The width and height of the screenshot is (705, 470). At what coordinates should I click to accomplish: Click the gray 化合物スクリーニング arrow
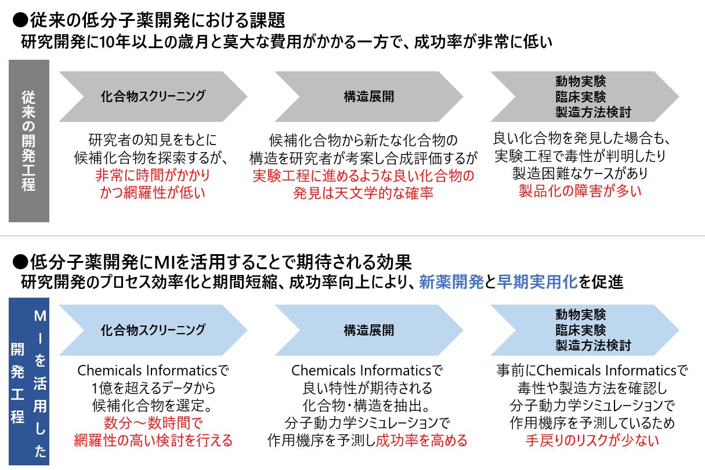coord(153,96)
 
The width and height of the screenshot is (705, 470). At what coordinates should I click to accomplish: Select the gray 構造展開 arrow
coord(368,96)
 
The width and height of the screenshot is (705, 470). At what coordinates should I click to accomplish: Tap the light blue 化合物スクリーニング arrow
coord(153,330)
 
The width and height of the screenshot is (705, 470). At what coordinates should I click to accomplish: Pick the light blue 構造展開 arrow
coord(368,330)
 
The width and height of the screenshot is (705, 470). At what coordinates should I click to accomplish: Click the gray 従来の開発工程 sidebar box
coord(28,140)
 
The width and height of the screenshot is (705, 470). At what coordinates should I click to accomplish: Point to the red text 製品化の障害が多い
coord(580,191)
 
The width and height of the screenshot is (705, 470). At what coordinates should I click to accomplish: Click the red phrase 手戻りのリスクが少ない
coord(592,440)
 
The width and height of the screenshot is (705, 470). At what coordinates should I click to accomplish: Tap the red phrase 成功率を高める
coord(421,440)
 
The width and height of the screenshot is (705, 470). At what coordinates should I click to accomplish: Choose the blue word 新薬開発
coord(451,283)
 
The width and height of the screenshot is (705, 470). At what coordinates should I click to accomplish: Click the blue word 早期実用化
coord(537,283)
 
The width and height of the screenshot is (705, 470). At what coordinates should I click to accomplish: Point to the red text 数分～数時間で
coord(153,423)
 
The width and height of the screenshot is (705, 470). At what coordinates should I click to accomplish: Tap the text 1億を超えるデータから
coord(153,388)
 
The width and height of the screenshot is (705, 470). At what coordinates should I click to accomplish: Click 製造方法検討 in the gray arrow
coord(592,112)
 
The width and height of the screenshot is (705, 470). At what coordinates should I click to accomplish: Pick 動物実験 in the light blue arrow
coord(580,314)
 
